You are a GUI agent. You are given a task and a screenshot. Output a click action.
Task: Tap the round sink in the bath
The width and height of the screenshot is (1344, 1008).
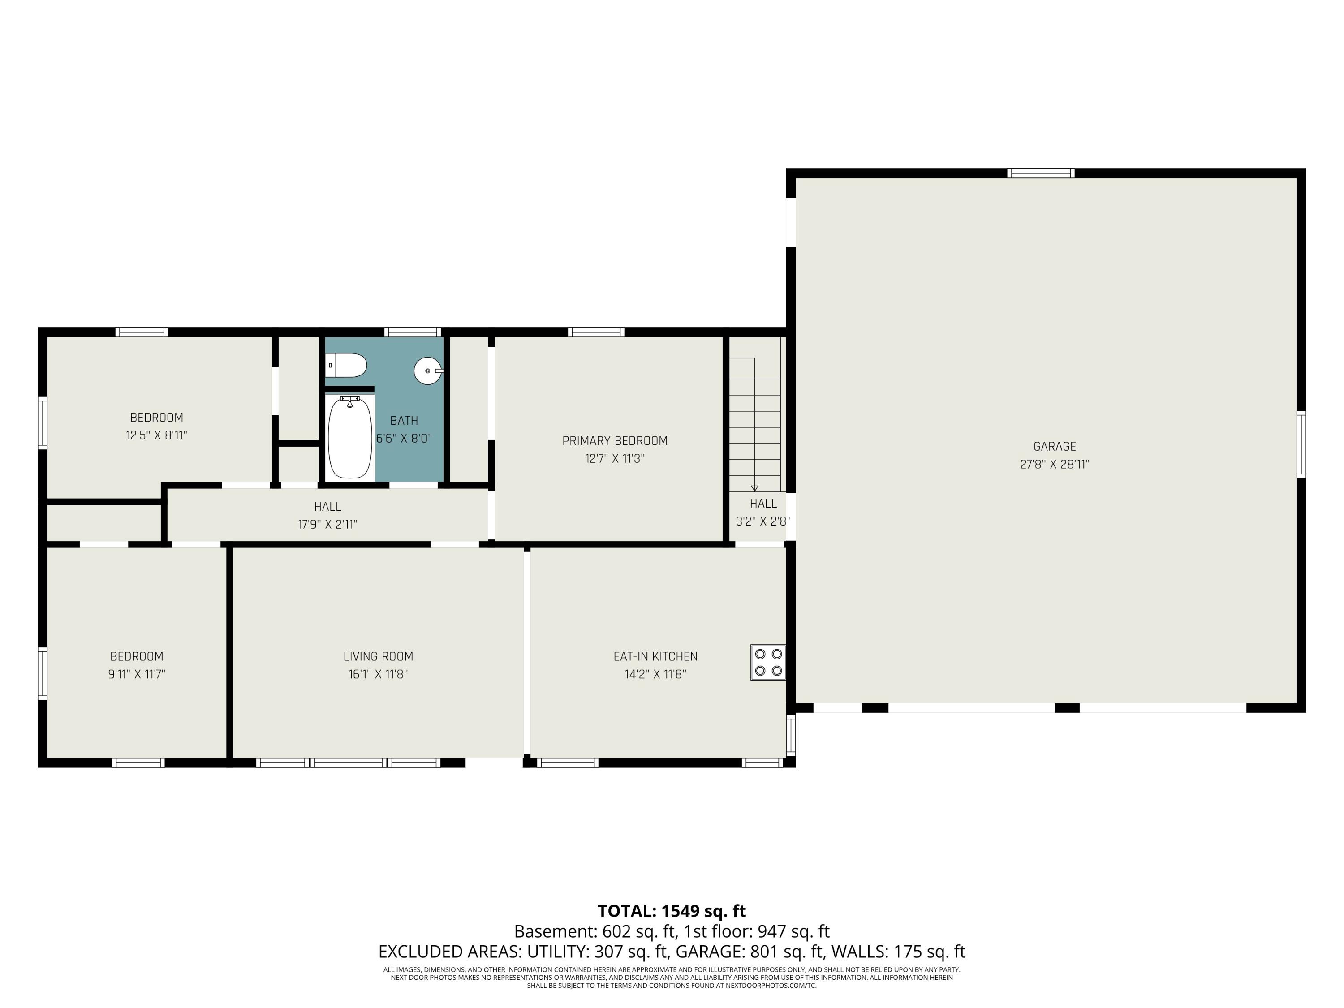(428, 370)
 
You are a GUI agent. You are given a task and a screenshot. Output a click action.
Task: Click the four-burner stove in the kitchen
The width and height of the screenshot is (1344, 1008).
(768, 662)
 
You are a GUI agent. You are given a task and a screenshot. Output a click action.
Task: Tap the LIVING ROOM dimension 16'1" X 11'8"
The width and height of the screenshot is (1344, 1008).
(378, 674)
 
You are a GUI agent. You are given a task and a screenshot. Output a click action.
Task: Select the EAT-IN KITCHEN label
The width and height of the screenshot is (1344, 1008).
(655, 656)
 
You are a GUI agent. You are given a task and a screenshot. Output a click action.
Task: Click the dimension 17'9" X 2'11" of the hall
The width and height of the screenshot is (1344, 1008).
(327, 524)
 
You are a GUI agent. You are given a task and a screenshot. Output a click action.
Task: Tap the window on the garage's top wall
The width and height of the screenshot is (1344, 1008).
(1041, 173)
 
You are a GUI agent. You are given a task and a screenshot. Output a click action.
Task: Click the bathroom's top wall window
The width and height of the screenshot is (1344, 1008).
(413, 332)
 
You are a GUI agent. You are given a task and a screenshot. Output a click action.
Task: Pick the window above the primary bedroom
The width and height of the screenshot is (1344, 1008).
(596, 332)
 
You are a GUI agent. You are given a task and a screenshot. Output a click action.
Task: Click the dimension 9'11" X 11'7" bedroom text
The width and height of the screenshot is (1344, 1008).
(137, 674)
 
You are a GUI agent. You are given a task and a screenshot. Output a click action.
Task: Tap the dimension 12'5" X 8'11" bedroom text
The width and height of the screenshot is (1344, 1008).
(156, 435)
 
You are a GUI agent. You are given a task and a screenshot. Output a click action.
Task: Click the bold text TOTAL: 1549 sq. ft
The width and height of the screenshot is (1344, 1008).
(672, 911)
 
